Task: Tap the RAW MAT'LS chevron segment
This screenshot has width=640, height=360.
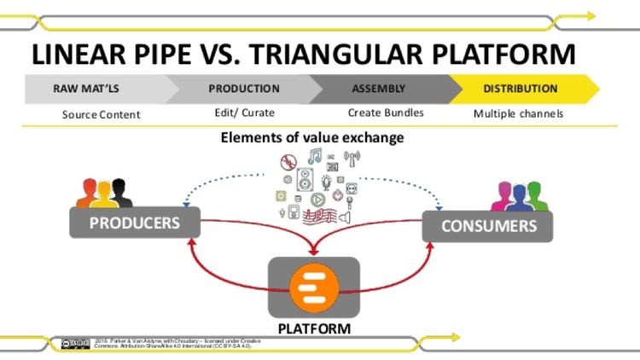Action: (x=94, y=89)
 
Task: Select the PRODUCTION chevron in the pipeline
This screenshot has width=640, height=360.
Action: (x=243, y=89)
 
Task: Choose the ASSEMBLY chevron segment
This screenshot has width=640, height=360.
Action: (x=380, y=89)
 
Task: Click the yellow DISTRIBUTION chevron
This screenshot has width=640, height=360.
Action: (x=521, y=89)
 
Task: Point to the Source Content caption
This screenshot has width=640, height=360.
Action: (x=101, y=114)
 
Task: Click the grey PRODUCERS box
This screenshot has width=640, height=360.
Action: (x=135, y=223)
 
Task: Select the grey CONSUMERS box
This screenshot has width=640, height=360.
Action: (x=488, y=226)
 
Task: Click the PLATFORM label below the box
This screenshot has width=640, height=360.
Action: (x=314, y=328)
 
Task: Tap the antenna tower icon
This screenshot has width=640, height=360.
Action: (x=352, y=159)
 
